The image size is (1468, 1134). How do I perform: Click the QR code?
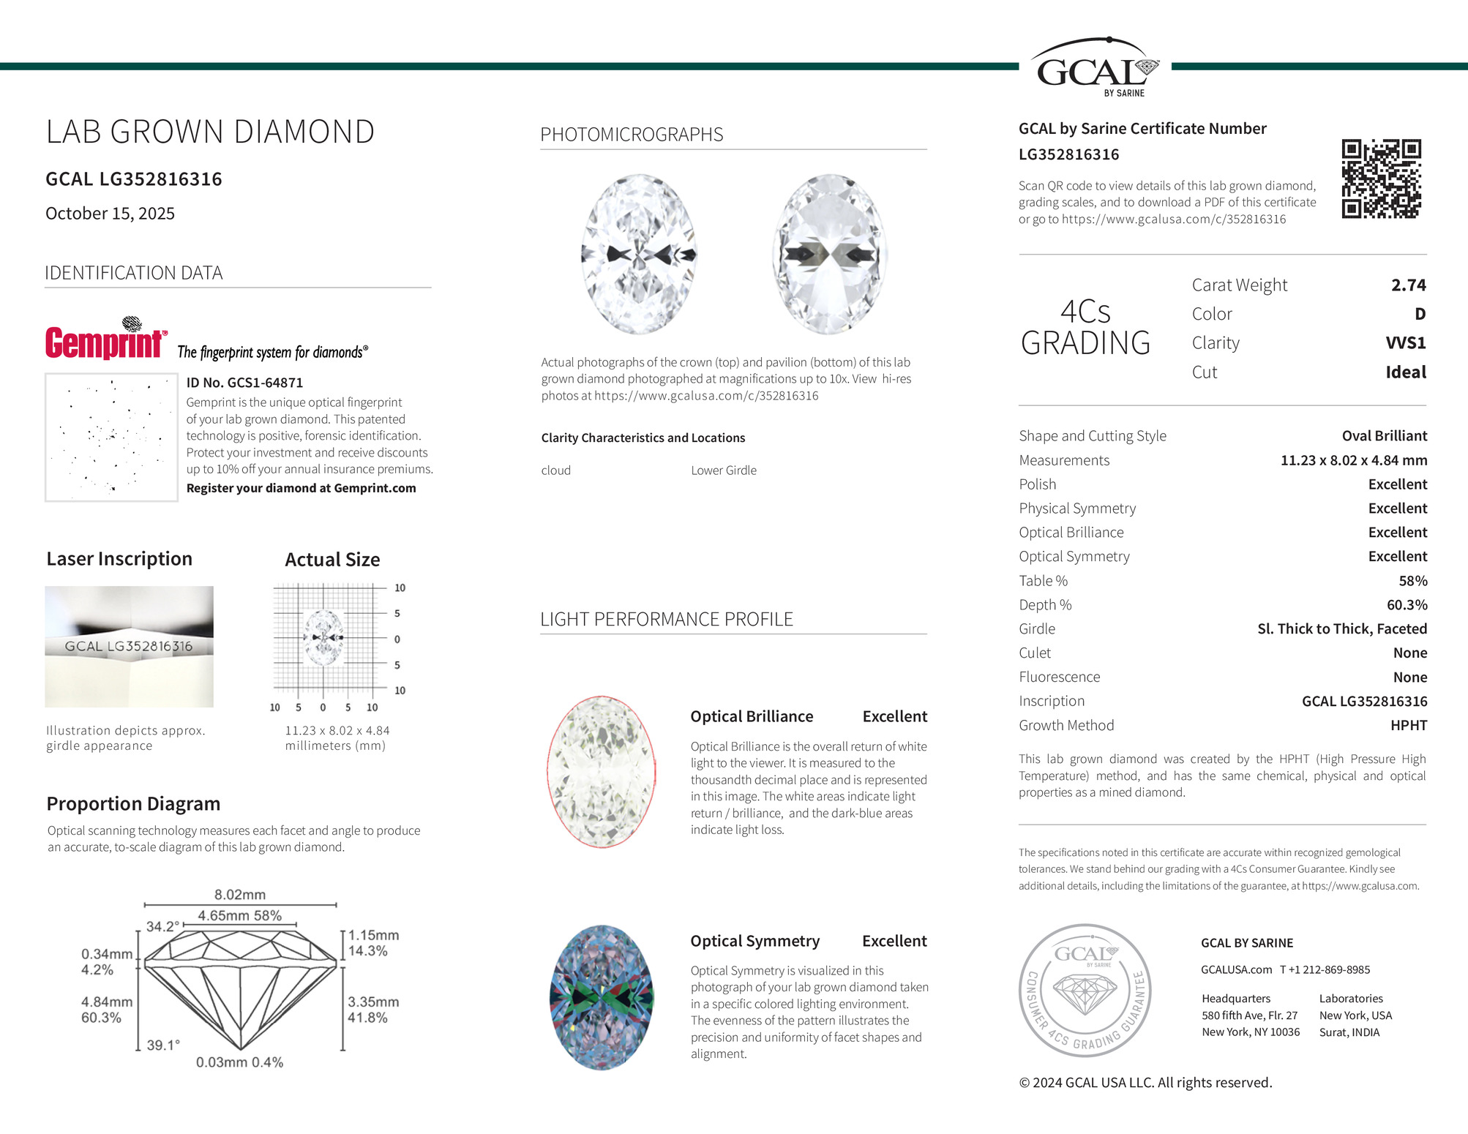1381,179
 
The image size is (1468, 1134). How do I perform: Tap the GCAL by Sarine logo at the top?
1095,67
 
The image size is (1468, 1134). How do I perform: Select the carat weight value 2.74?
1408,285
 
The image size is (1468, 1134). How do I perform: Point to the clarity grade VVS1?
1405,343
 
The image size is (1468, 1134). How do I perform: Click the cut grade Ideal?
1405,372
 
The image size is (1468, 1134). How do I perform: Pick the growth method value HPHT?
1408,726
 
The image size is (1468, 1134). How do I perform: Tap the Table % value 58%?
1412,581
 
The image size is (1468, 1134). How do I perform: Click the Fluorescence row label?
1059,677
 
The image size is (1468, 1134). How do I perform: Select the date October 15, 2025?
110,214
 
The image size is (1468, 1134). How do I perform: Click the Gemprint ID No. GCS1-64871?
244,383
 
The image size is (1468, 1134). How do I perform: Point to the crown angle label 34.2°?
162,926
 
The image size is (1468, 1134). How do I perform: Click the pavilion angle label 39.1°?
162,1045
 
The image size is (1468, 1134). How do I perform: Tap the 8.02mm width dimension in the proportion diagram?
240,895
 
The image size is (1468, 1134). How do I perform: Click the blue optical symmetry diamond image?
601,998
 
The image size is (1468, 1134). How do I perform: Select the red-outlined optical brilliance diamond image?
601,772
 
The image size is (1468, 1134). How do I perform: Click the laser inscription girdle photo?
129,647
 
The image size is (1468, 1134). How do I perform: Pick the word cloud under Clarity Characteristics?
555,470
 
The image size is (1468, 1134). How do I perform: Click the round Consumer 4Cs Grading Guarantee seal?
1085,991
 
